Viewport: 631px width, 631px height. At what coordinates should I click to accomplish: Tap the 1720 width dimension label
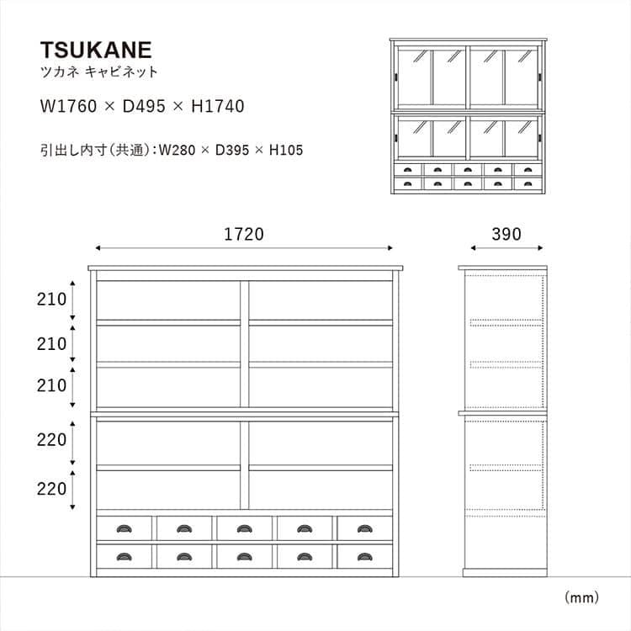click(x=244, y=235)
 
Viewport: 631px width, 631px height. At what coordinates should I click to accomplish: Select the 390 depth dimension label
click(x=506, y=235)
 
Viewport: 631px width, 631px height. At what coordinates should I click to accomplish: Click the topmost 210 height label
click(x=50, y=299)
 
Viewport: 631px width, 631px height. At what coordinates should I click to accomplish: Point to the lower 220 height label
click(x=50, y=489)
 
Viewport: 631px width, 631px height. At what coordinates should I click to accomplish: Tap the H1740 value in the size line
click(x=216, y=107)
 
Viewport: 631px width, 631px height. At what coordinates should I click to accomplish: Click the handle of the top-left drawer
click(x=124, y=528)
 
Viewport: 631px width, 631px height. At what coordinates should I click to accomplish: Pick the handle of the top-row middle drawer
click(x=244, y=528)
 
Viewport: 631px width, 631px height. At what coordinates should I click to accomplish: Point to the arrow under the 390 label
click(x=506, y=248)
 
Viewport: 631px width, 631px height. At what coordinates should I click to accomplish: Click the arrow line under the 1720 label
click(x=244, y=248)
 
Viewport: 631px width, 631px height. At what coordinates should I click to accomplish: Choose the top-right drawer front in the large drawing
click(x=365, y=528)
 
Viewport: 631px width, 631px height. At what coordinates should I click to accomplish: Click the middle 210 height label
click(x=50, y=343)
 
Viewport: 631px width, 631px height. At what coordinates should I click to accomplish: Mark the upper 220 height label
click(x=50, y=439)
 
